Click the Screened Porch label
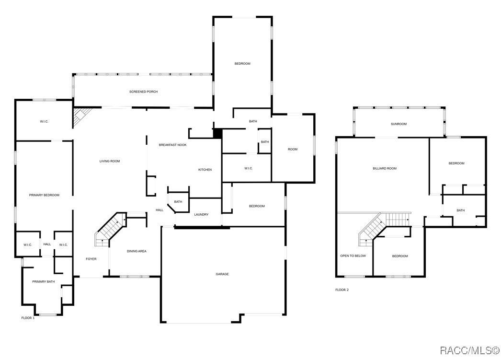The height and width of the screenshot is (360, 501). (x=144, y=92)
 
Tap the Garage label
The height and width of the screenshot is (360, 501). (x=222, y=274)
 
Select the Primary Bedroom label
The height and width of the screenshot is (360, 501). (x=44, y=195)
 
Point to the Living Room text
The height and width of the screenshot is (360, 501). (x=110, y=161)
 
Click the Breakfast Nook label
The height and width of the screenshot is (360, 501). (x=172, y=145)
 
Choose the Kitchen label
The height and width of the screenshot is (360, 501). (x=205, y=170)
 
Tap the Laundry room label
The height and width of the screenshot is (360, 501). (x=201, y=215)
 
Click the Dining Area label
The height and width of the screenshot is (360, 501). (x=137, y=251)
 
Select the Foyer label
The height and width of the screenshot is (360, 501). (x=91, y=259)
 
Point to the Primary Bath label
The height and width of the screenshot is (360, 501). (x=44, y=282)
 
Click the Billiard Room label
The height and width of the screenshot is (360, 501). (x=385, y=168)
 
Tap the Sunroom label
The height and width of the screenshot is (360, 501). (x=399, y=124)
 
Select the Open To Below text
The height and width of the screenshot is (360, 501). (x=353, y=256)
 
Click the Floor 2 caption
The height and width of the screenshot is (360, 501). (x=342, y=290)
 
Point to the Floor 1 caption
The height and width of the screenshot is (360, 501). (x=28, y=318)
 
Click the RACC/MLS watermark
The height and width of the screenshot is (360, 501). (x=470, y=350)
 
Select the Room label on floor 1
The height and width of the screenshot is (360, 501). (x=293, y=149)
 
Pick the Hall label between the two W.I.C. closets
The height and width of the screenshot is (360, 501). (x=47, y=244)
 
